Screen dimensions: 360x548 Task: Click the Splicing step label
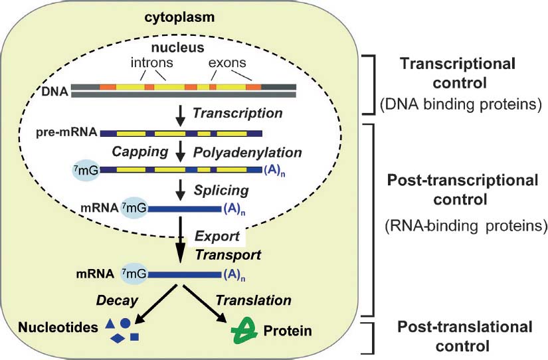(x=221, y=191)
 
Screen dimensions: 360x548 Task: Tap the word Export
(x=213, y=237)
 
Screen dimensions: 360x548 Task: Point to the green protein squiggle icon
(x=243, y=329)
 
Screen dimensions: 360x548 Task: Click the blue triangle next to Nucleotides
(x=110, y=324)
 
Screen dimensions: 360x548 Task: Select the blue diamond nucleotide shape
(x=118, y=339)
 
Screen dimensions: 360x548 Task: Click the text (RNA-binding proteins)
(x=464, y=225)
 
